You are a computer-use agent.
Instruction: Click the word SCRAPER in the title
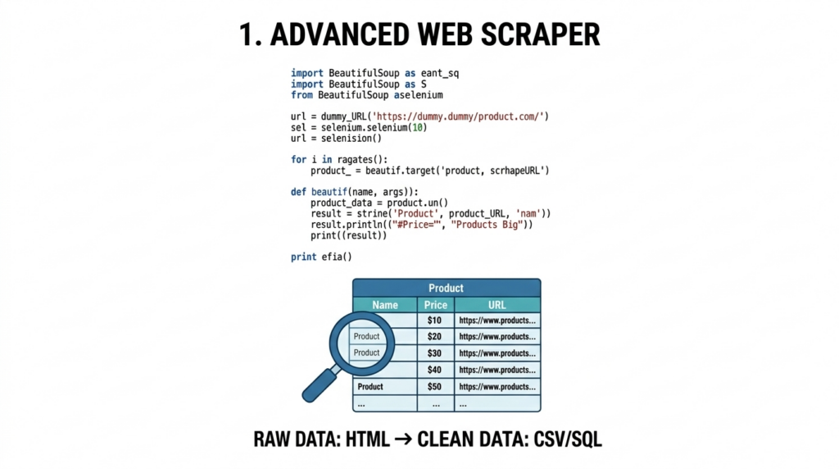point(541,34)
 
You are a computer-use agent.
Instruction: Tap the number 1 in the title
point(246,34)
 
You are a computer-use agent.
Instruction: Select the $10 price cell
point(435,320)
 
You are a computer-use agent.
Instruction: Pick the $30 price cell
point(435,353)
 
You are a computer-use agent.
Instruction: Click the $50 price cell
point(435,386)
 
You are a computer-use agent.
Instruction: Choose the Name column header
point(385,305)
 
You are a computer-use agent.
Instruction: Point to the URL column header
point(497,305)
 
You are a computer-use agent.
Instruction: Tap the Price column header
point(436,305)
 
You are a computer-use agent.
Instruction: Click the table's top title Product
point(447,288)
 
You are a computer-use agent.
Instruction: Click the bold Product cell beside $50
point(370,386)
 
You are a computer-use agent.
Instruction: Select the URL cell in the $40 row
point(497,370)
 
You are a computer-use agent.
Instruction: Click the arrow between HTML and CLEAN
point(403,439)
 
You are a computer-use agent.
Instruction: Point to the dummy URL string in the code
point(460,116)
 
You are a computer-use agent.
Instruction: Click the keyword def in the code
point(298,192)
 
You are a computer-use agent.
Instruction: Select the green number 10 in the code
point(417,127)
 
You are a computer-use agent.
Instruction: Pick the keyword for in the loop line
point(298,160)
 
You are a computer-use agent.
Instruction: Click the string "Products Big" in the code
point(487,225)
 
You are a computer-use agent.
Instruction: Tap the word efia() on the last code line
point(337,257)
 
